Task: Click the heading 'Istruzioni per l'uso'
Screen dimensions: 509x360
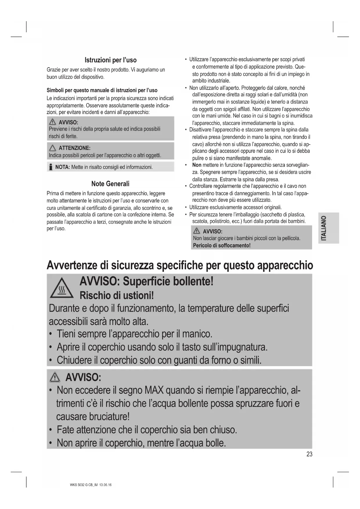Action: pyautogui.click(x=110, y=60)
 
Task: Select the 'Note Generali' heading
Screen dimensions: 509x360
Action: pyautogui.click(x=110, y=184)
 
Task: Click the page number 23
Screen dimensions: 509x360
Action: pyautogui.click(x=309, y=454)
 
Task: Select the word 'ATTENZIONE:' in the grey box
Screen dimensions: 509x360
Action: pyautogui.click(x=74, y=148)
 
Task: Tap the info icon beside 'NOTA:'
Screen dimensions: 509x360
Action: pyautogui.click(x=51, y=167)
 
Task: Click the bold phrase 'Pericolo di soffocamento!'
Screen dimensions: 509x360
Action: pyautogui.click(x=222, y=246)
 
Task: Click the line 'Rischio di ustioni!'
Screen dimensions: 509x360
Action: pyautogui.click(x=116, y=295)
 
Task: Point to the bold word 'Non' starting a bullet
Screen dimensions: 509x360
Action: pyautogui.click(x=197, y=165)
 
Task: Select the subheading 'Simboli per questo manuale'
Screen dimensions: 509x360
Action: pyautogui.click(x=102, y=90)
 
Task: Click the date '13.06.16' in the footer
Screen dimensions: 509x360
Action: pyautogui.click(x=105, y=485)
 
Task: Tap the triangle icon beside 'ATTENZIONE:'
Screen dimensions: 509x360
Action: pyautogui.click(x=53, y=148)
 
